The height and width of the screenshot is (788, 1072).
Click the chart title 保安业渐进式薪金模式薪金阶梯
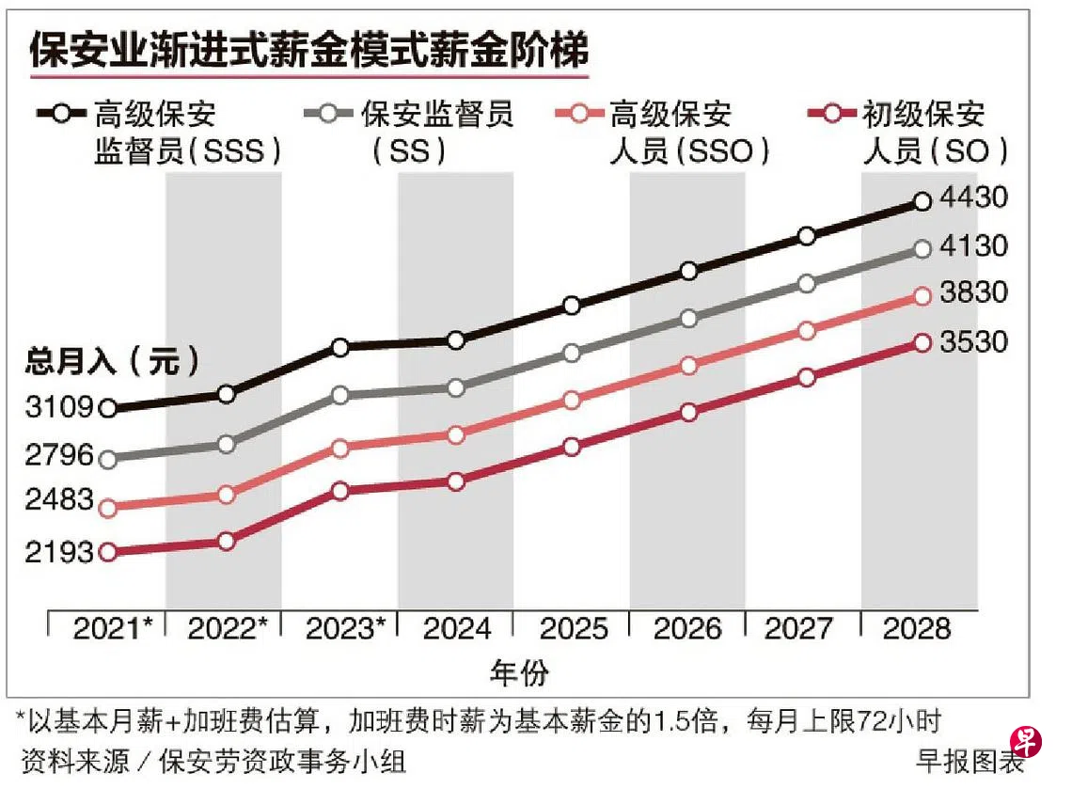[x=308, y=50]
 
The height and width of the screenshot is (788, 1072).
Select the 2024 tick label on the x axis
[x=456, y=629]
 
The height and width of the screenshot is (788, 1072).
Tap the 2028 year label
[x=918, y=629]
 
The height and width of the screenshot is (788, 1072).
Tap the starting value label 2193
[x=59, y=553]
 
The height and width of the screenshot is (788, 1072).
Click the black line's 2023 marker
[x=341, y=347]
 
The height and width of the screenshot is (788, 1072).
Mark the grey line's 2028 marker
[x=922, y=249]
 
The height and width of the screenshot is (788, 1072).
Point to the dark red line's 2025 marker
[x=573, y=447]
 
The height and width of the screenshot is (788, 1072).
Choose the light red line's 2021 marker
[x=108, y=508]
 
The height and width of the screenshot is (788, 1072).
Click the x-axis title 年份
[x=519, y=672]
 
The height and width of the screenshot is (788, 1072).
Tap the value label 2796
[x=59, y=456]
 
